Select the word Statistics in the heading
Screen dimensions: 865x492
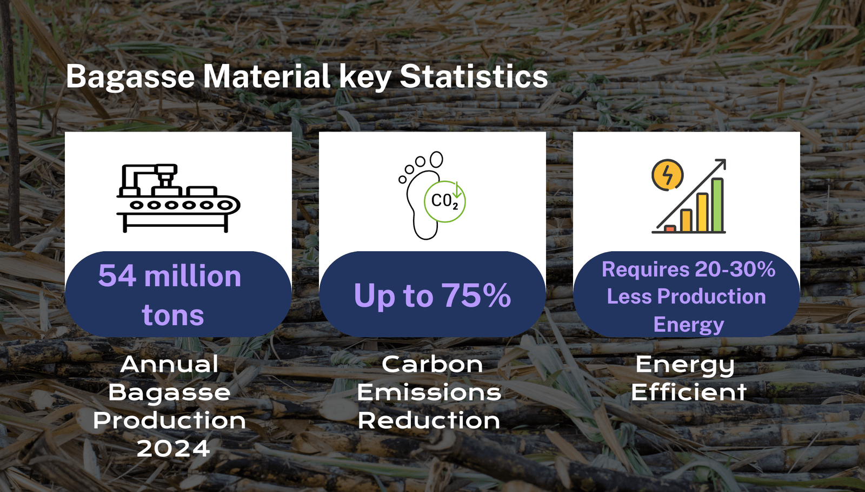click(x=474, y=76)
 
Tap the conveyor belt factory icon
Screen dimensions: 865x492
click(x=178, y=198)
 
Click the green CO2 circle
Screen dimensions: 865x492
click(x=445, y=201)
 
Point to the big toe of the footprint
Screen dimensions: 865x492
click(x=436, y=159)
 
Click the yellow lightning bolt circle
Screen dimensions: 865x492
click(x=667, y=175)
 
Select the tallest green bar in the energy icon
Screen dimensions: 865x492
click(x=717, y=205)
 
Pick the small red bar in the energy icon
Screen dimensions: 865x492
click(x=670, y=228)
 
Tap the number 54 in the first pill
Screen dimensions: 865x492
click(x=117, y=276)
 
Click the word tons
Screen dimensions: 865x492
click(x=172, y=316)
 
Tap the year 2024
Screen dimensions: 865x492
click(x=174, y=449)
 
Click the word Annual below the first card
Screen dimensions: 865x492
click(x=169, y=364)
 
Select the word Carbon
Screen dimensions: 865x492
click(x=432, y=364)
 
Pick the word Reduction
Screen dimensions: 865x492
click(x=429, y=421)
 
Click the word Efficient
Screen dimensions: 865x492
click(x=689, y=392)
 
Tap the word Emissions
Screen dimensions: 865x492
click(x=429, y=392)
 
